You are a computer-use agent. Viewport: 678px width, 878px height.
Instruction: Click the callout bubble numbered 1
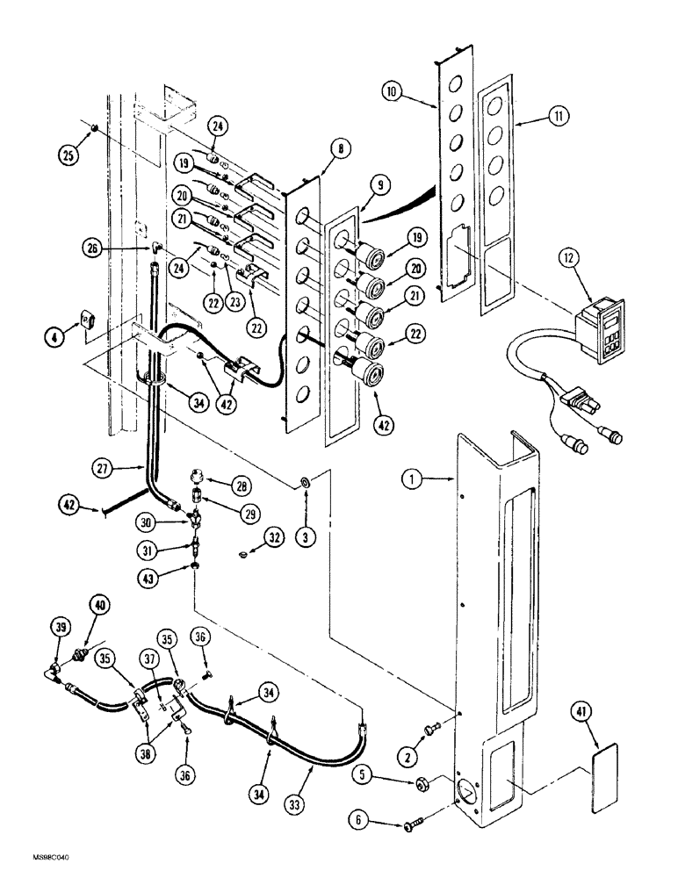click(409, 480)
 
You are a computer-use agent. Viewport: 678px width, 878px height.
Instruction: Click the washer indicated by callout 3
click(303, 483)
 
